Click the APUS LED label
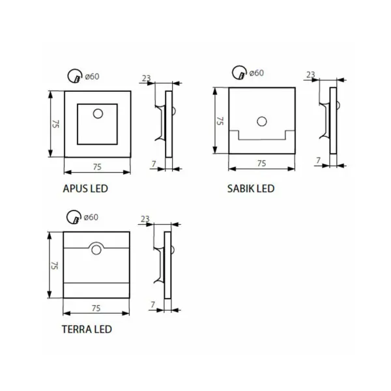pos(85,188)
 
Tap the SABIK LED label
pos(251,188)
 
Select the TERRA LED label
pos(87,329)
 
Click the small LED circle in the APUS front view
pos(98,113)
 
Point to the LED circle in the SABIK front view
pos(262,121)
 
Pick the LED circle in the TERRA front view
pos(96,250)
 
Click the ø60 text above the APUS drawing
pos(92,76)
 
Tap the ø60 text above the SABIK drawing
pos(257,73)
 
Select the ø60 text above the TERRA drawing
pos(91,217)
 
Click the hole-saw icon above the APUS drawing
pos(75,76)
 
